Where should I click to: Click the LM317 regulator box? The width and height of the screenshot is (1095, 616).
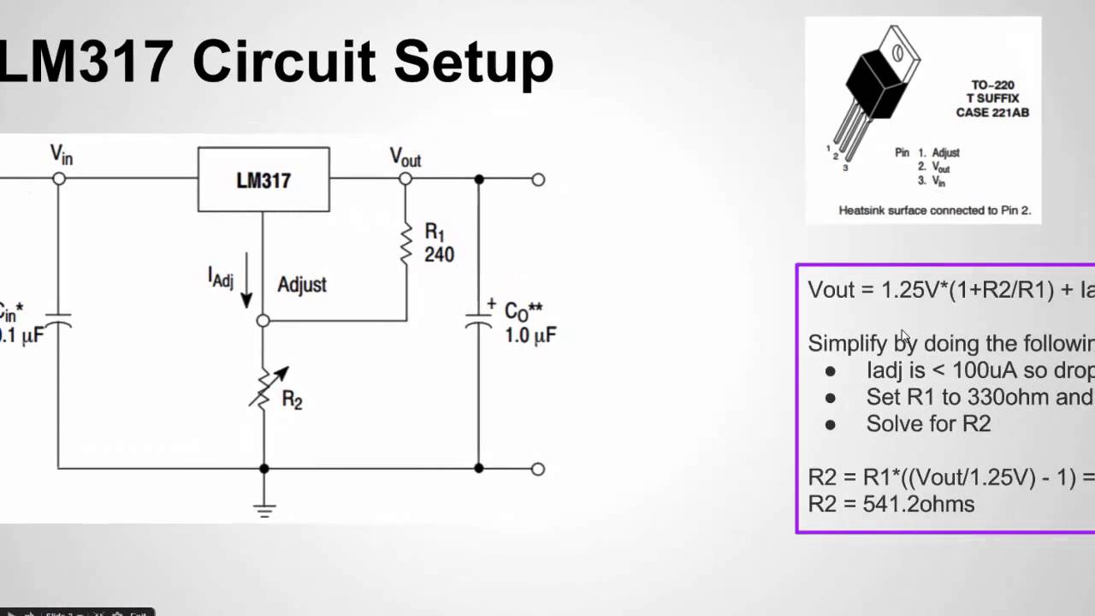point(263,180)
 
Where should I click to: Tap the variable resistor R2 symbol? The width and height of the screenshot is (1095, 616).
point(264,390)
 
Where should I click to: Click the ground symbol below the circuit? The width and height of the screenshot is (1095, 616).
point(264,510)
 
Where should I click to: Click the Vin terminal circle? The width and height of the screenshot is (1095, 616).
point(58,179)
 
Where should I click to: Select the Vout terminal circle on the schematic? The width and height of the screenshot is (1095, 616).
point(405,179)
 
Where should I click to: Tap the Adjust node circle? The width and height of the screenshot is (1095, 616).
point(263,321)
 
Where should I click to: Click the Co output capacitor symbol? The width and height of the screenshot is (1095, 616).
point(478,323)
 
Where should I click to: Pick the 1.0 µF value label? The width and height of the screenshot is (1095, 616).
point(530,335)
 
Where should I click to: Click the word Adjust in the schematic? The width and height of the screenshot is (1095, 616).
point(301,285)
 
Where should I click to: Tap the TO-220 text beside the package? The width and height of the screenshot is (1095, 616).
point(992,85)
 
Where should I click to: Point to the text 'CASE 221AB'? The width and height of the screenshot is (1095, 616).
point(992,112)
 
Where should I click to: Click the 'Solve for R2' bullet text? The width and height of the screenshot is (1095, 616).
point(928,424)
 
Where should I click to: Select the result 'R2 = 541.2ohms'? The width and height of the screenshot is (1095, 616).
point(891,504)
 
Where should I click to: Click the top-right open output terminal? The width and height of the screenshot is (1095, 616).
point(538,180)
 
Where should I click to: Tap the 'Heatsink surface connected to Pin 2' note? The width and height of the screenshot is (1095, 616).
point(922,210)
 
